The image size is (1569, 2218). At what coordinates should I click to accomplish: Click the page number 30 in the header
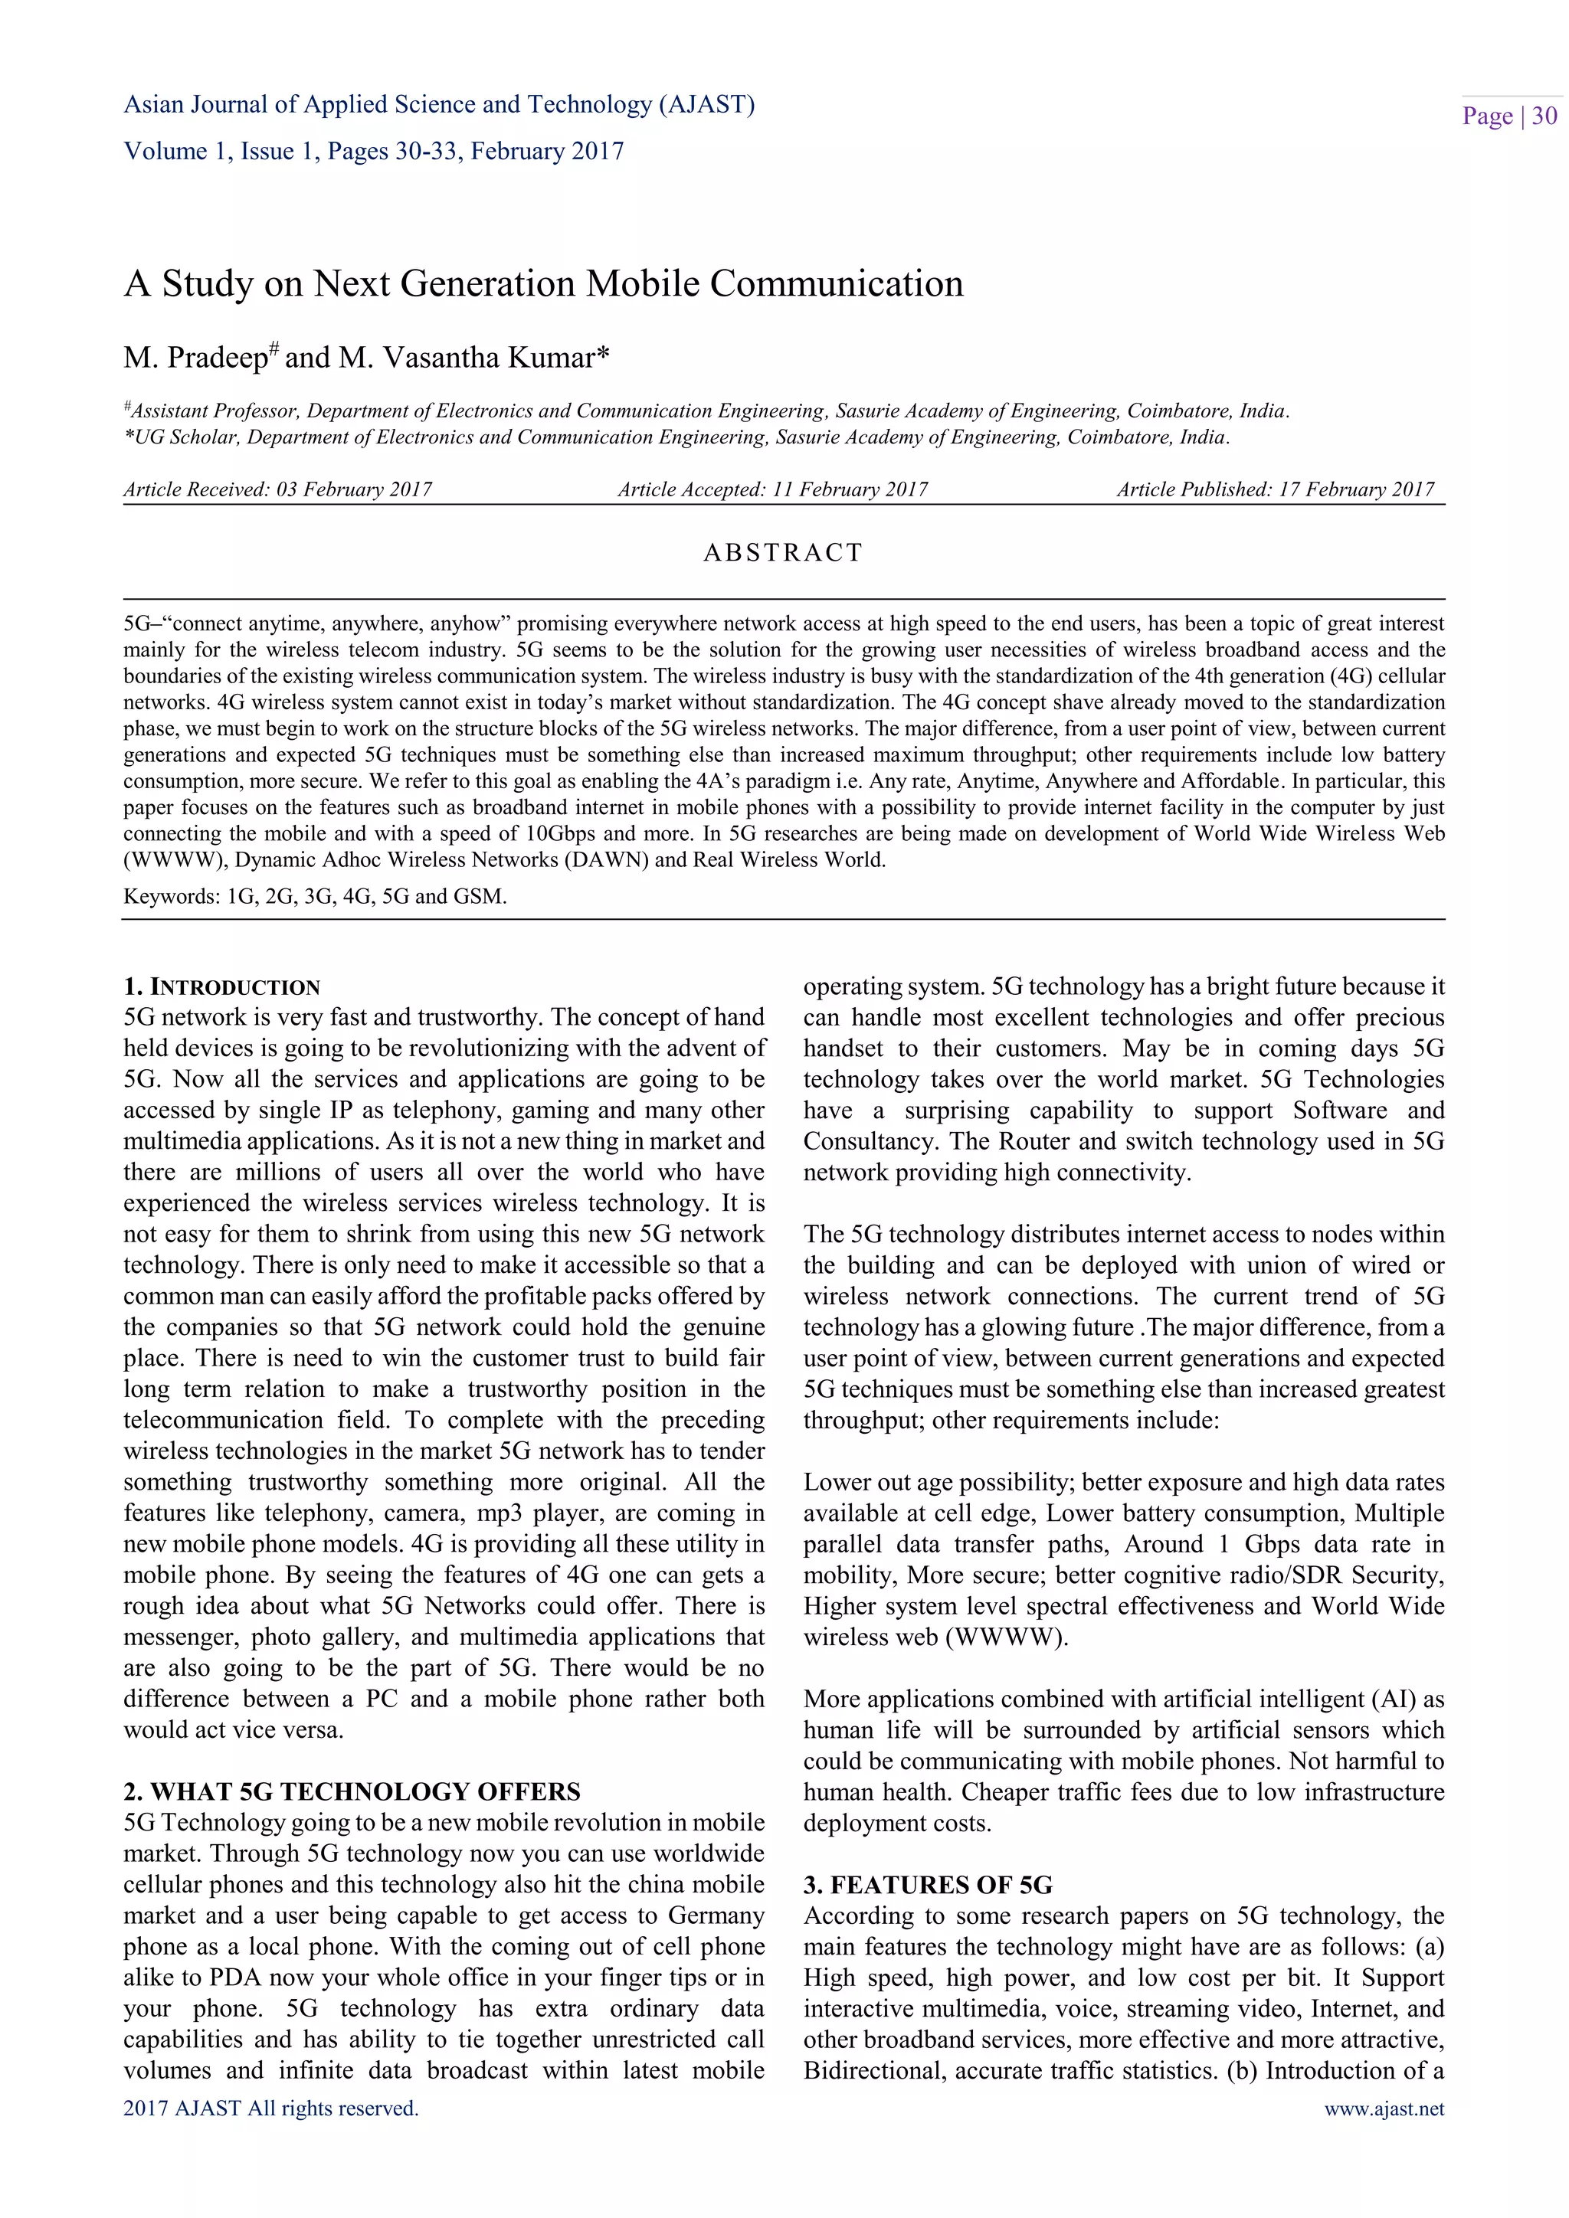pyautogui.click(x=1544, y=117)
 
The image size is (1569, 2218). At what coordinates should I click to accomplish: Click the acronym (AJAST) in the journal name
pyautogui.click(x=706, y=104)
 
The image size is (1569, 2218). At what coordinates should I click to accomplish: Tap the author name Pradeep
pyautogui.click(x=221, y=358)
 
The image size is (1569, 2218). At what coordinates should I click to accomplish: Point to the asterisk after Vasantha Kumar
pyautogui.click(x=604, y=355)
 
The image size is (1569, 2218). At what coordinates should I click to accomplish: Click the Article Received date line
pyautogui.click(x=277, y=489)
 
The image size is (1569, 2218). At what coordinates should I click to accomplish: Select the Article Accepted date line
pyautogui.click(x=772, y=489)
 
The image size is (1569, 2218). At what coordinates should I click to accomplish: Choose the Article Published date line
pyautogui.click(x=1276, y=489)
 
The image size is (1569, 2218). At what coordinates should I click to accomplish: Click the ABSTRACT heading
pyautogui.click(x=782, y=552)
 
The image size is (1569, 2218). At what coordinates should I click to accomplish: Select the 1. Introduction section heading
pyautogui.click(x=221, y=987)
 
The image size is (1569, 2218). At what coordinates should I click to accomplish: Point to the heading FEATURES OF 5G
pyautogui.click(x=929, y=1885)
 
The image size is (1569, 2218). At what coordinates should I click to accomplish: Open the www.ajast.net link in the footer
pyautogui.click(x=1384, y=2108)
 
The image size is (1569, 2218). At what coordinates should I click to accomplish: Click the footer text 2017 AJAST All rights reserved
pyautogui.click(x=270, y=2108)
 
